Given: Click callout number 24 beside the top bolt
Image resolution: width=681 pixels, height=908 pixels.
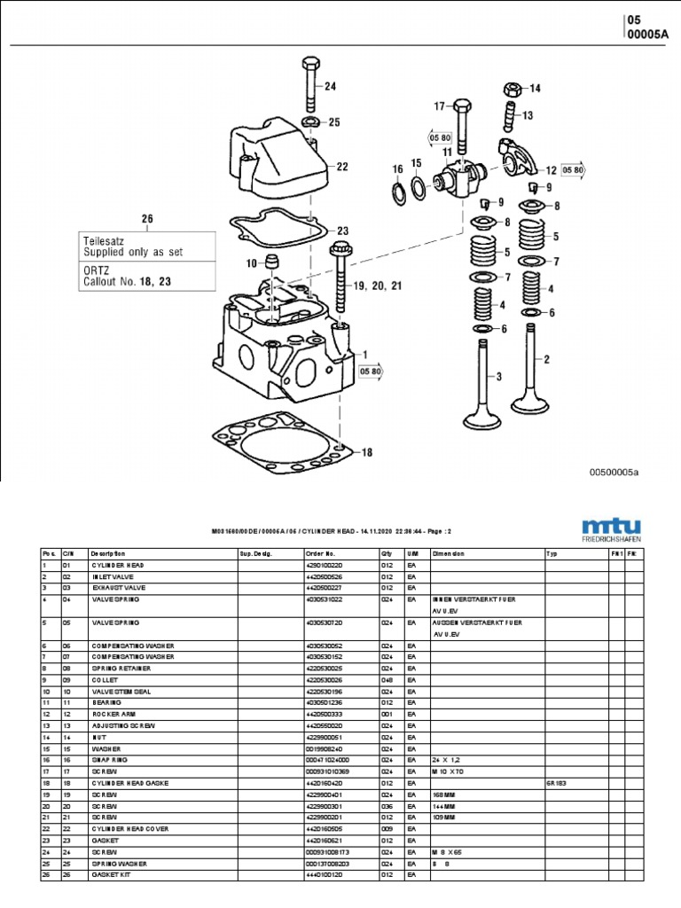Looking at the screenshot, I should point(330,86).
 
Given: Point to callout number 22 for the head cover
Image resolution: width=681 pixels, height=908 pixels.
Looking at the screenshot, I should point(341,167).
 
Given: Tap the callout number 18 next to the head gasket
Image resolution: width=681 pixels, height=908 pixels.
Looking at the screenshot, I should point(366,452).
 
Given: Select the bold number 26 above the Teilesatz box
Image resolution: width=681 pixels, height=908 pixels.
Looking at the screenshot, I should point(147,219).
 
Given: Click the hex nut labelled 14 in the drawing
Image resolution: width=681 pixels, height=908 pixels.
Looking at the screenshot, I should point(512,89).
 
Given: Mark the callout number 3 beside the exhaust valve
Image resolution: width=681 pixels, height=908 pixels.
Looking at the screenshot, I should point(498,378).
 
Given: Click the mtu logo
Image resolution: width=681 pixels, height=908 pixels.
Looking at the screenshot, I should point(612,525).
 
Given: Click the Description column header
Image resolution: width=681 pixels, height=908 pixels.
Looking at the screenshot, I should point(108,553).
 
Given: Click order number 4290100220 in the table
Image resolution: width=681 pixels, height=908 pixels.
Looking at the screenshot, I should point(325,565).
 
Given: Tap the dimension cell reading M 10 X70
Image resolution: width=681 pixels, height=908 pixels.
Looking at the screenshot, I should point(448,771).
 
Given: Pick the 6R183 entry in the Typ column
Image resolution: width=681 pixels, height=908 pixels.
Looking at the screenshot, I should point(555,783).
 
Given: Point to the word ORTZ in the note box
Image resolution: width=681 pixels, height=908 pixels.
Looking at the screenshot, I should point(97,270).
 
